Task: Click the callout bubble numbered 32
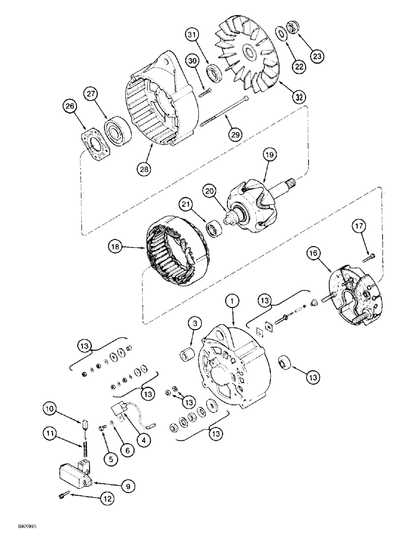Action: (x=298, y=97)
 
